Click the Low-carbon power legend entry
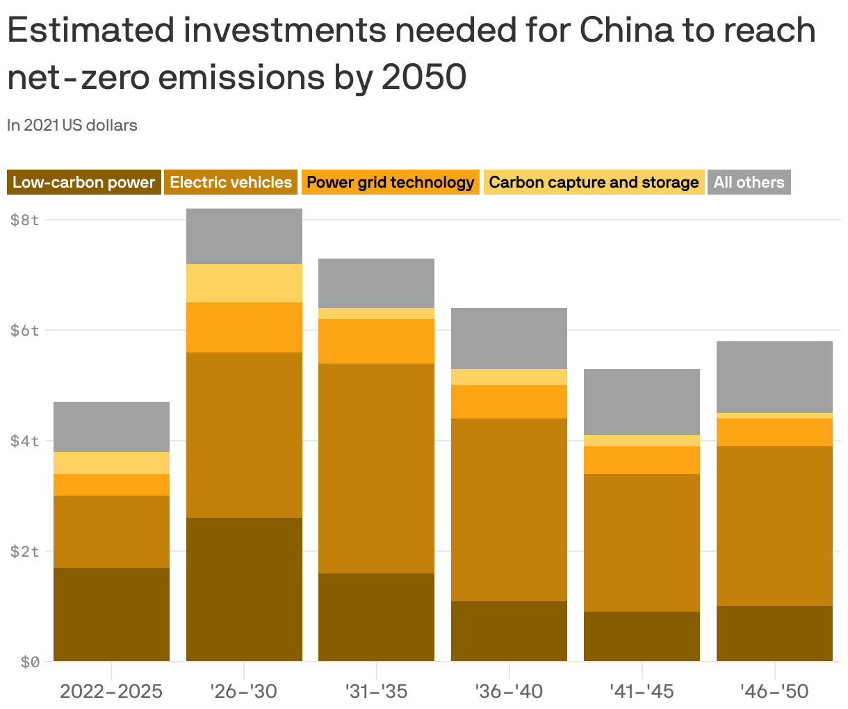[83, 182]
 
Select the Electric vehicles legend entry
[231, 182]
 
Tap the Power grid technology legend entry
[390, 182]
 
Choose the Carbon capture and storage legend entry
[594, 182]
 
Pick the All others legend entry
[749, 182]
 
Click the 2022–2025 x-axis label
[111, 692]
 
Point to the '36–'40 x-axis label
[509, 692]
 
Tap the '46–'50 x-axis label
[774, 692]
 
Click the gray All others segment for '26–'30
[244, 236]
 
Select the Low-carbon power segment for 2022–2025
[111, 614]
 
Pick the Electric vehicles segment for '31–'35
[376, 468]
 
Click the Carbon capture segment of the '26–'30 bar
[244, 284]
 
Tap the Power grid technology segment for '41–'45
[642, 460]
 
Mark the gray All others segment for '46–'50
[774, 377]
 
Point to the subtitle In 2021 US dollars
[72, 126]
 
